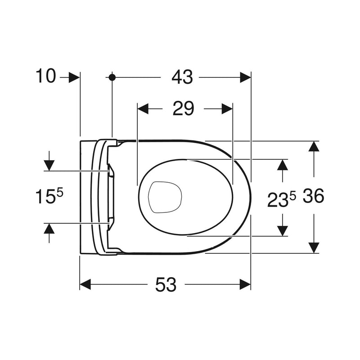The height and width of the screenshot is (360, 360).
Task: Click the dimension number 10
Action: click(46, 76)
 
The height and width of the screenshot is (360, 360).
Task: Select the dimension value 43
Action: click(182, 77)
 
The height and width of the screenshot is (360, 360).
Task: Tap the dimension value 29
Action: click(183, 108)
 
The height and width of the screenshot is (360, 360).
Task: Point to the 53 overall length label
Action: click(166, 284)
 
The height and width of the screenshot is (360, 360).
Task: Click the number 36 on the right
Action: click(313, 196)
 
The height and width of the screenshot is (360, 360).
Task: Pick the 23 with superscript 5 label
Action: click(282, 199)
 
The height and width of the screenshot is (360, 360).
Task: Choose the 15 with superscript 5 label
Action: click(49, 196)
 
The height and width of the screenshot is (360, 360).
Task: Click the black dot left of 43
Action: click(112, 77)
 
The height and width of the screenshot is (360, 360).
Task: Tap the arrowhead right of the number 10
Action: click(74, 77)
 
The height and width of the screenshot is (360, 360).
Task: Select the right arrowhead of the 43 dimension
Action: click(245, 77)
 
